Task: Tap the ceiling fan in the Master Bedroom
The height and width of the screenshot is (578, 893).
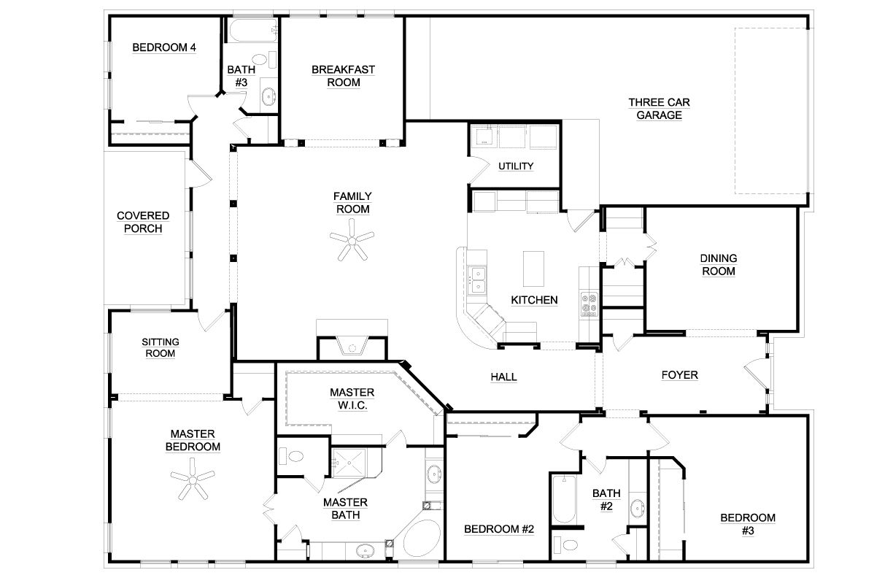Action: coord(193,481)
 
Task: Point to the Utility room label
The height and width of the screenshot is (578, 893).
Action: coord(516,166)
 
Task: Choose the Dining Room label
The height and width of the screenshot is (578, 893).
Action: coord(718,265)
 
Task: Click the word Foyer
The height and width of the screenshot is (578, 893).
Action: coord(679,376)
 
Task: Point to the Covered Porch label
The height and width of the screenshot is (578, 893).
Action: coord(143,223)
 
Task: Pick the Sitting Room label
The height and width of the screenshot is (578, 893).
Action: coord(160,347)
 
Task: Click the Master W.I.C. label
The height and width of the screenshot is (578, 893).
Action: coord(352,398)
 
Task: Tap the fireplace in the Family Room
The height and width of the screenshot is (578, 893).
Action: coord(352,345)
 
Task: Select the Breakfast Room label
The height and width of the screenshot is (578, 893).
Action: coord(343,76)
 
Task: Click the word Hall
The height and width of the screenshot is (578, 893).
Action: coord(503,377)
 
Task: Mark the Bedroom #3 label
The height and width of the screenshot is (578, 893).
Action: coord(748,524)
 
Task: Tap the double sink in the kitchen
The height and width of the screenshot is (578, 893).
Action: coord(479,274)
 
